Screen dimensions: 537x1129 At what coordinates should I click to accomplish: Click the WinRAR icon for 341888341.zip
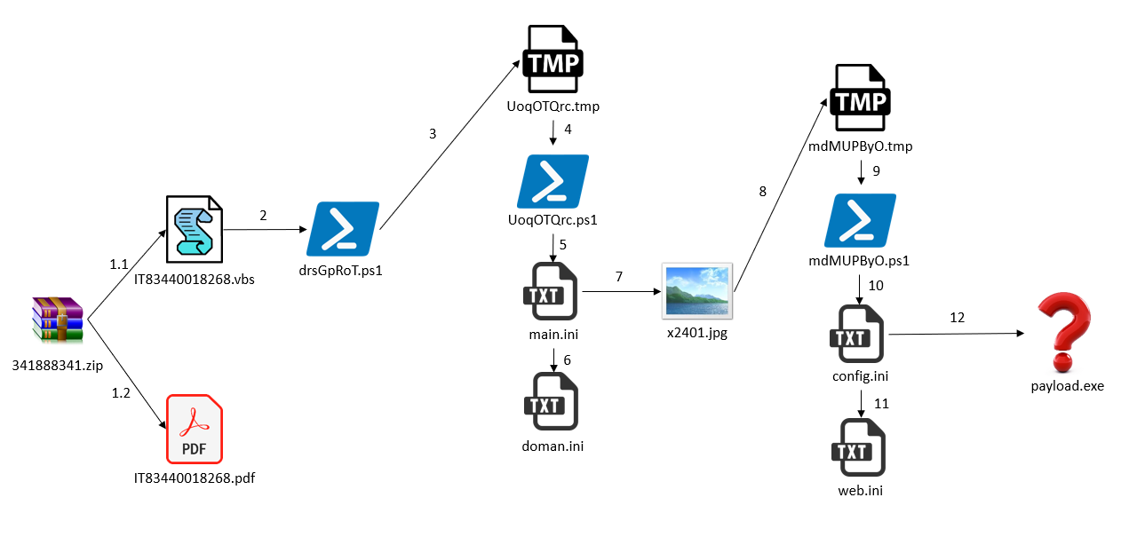coord(58,320)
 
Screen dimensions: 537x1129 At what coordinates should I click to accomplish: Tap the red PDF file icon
coord(195,430)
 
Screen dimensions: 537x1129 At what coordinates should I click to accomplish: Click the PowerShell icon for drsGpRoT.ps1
coord(343,228)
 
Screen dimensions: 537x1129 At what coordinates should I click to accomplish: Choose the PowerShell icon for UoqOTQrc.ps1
coord(553,181)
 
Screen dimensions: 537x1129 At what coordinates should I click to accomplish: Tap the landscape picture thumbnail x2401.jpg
coord(698,290)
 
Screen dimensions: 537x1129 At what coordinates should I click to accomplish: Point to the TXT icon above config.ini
coord(860,334)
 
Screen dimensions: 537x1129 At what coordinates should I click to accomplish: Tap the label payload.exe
coord(1067,386)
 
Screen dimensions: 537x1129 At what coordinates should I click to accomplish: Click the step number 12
coord(957,317)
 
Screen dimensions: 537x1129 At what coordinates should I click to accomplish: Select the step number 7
coord(619,276)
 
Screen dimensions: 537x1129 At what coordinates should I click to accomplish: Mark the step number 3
coord(433,134)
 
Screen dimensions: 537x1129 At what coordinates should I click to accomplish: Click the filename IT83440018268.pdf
coord(195,478)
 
